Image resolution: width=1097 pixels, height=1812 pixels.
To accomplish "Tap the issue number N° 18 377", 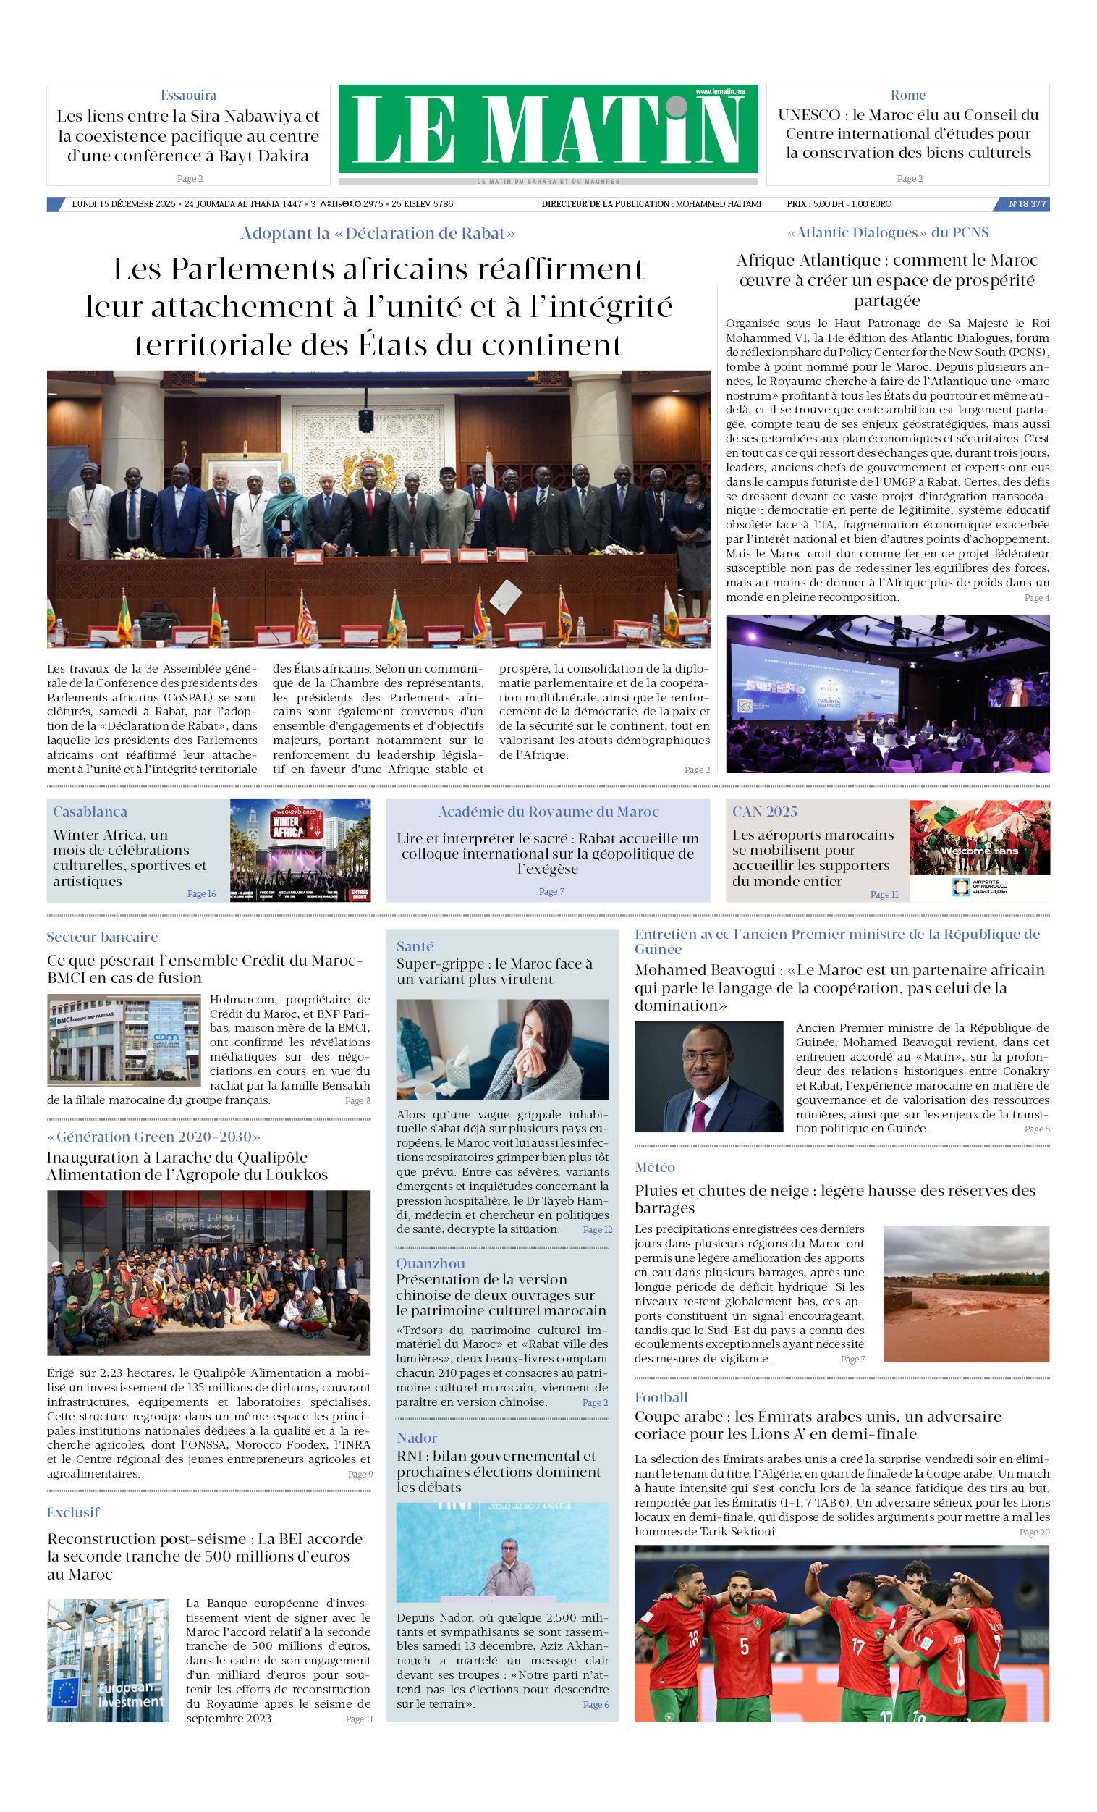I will (x=1026, y=204).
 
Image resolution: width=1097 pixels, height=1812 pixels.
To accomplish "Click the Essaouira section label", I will (x=188, y=96).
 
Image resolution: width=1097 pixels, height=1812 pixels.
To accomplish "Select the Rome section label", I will (x=907, y=96).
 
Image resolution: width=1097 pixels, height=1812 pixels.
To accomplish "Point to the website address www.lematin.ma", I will (x=720, y=92).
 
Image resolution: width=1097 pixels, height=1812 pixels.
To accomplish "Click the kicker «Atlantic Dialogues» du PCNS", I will (x=887, y=233).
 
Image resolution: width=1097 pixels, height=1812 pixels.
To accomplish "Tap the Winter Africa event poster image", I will (x=300, y=850).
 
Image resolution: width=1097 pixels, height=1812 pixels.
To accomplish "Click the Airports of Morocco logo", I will (x=979, y=887).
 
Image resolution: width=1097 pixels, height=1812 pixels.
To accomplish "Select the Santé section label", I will (x=415, y=946).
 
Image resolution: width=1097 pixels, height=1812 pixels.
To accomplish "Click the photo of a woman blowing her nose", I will (x=502, y=1049).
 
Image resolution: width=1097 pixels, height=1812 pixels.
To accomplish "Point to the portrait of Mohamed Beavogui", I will (x=709, y=1076).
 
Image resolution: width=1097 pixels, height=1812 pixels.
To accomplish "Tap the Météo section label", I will (x=654, y=1167).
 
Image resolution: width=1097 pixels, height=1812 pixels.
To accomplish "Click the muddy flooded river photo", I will (x=965, y=1294).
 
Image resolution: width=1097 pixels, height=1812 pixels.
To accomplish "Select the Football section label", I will (x=661, y=1397).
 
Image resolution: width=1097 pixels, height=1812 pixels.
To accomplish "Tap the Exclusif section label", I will (x=73, y=1512).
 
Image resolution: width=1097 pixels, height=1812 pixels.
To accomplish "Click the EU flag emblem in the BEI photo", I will (x=66, y=1692).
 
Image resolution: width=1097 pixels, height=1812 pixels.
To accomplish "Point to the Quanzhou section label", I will (x=430, y=1263).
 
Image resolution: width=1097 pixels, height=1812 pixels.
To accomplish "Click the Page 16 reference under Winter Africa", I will (x=201, y=893).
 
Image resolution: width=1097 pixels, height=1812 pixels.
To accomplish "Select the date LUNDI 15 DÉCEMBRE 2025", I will (x=124, y=204).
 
